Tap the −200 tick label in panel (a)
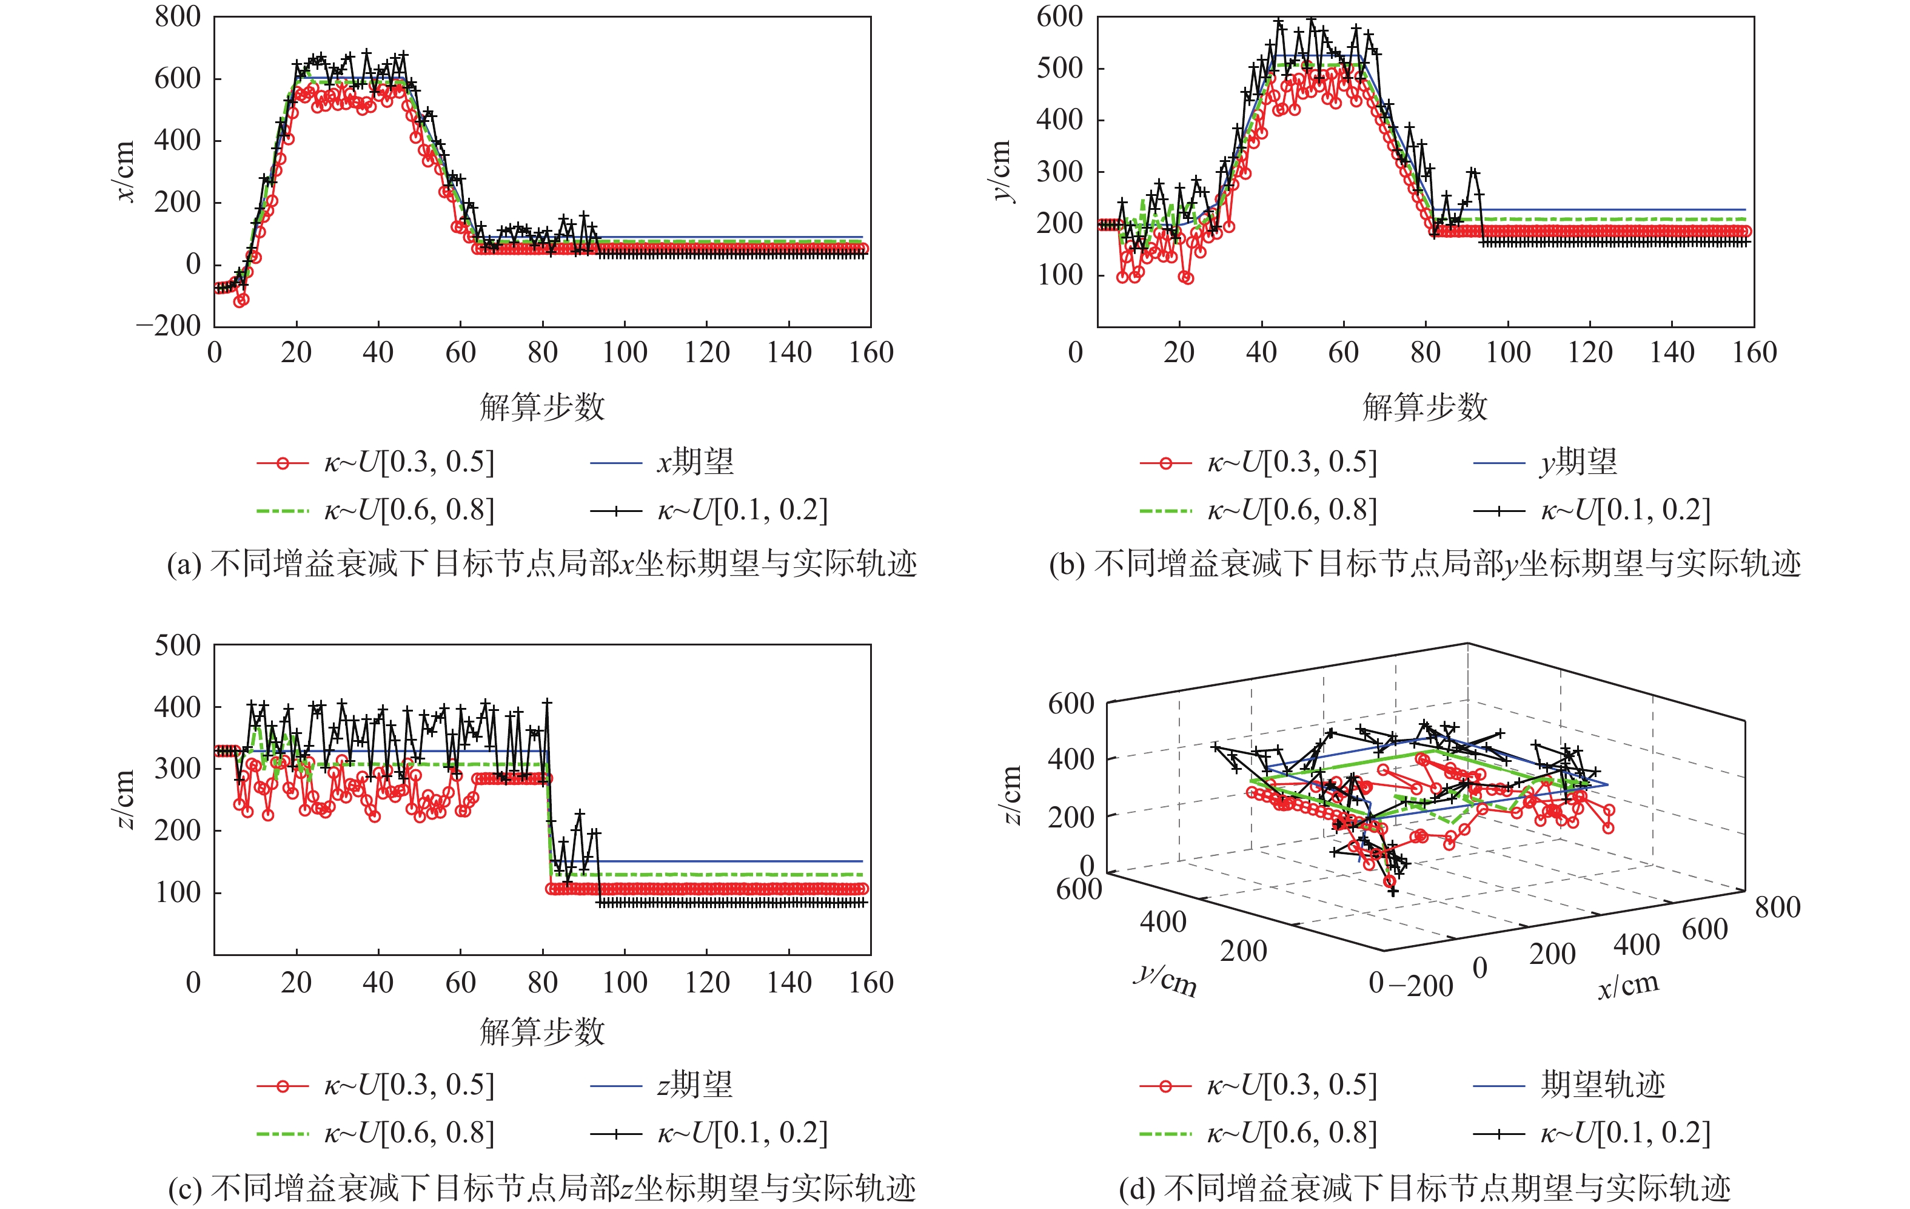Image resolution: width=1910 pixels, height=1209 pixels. pos(168,325)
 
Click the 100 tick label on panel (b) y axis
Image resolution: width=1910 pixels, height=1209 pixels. pos(1060,275)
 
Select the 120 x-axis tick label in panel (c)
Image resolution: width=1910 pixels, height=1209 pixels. pos(707,983)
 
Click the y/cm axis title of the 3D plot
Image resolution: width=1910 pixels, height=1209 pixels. pos(1164,980)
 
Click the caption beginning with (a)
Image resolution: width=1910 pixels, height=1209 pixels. pos(541,564)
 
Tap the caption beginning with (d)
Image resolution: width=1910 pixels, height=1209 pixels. pos(1424,1188)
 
